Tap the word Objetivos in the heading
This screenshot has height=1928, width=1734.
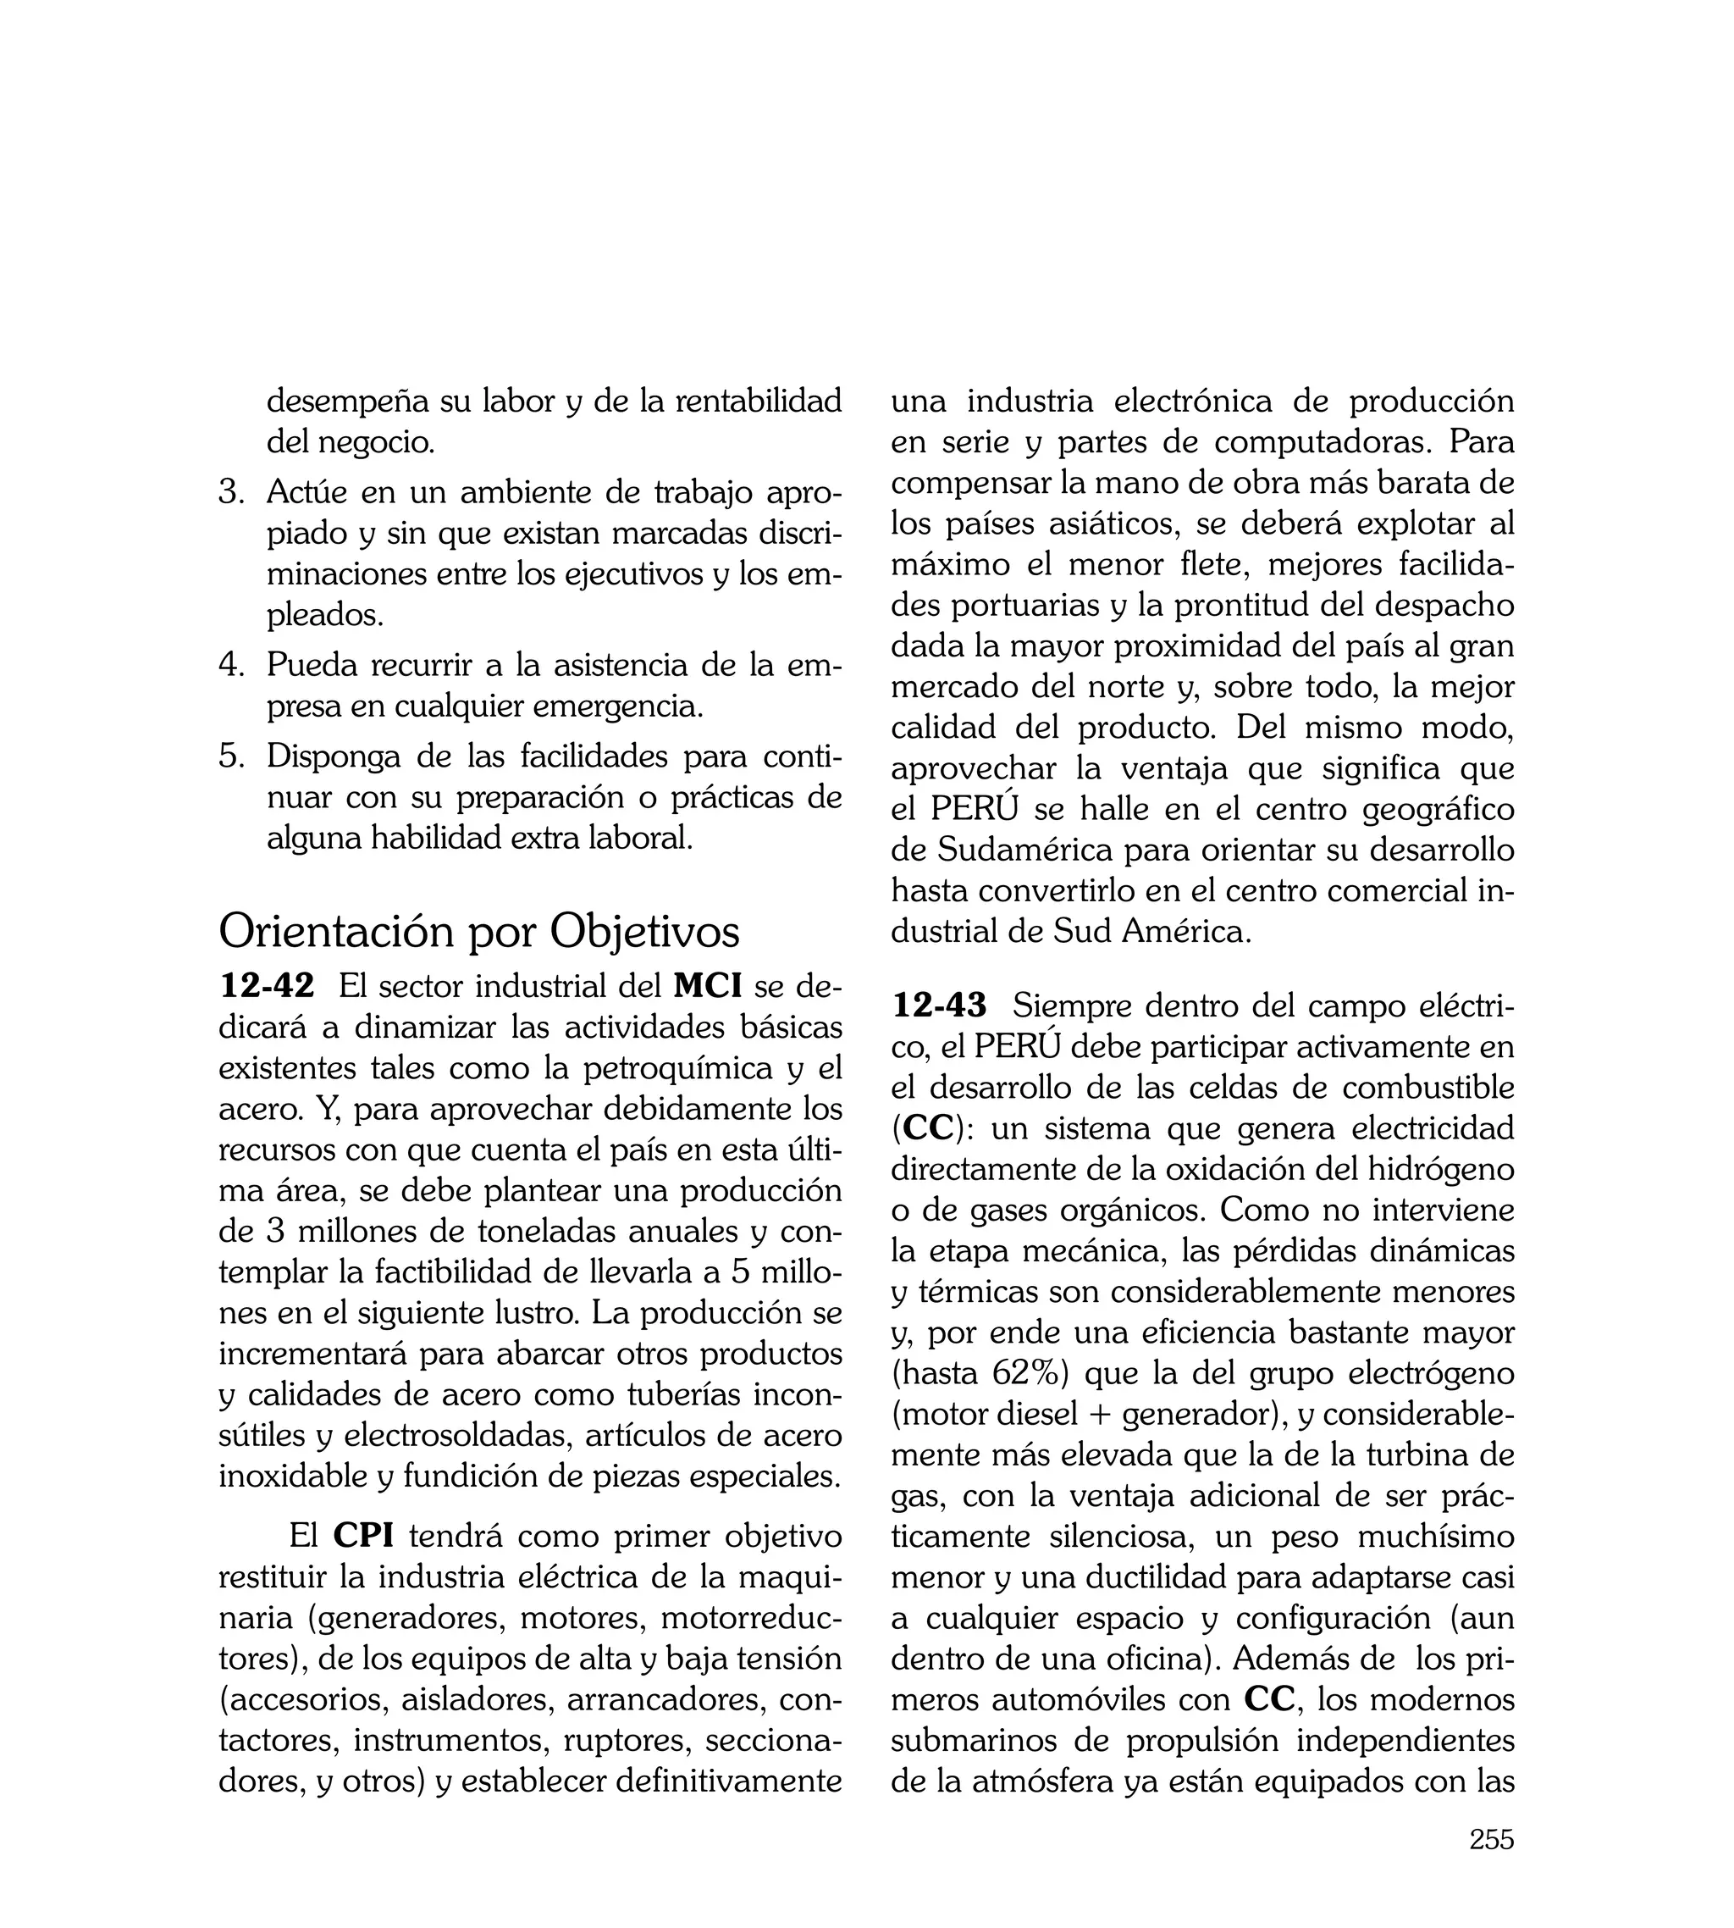tap(645, 931)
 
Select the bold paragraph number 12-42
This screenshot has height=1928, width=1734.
tap(267, 985)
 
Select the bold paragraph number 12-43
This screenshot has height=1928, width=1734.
tap(940, 1005)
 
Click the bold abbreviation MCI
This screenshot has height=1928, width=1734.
tap(708, 985)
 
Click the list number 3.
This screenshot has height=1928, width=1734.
tap(231, 493)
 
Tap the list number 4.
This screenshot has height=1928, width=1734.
tap(231, 664)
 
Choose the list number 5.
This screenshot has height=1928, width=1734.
tap(231, 756)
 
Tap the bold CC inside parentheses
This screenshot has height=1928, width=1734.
tap(927, 1128)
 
